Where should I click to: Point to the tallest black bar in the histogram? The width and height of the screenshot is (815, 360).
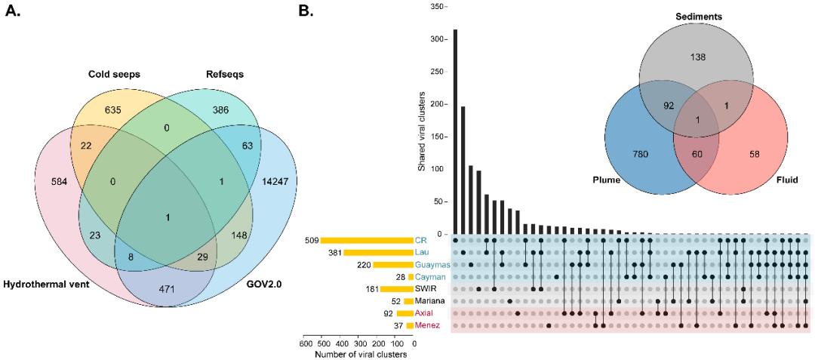[x=455, y=131]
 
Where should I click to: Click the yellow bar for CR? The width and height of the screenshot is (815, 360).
[x=366, y=241]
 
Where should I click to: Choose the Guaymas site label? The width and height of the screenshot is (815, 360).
[x=432, y=265]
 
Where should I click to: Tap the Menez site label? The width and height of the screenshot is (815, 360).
[x=428, y=325]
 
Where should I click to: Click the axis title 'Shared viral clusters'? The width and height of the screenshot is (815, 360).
[x=422, y=131]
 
